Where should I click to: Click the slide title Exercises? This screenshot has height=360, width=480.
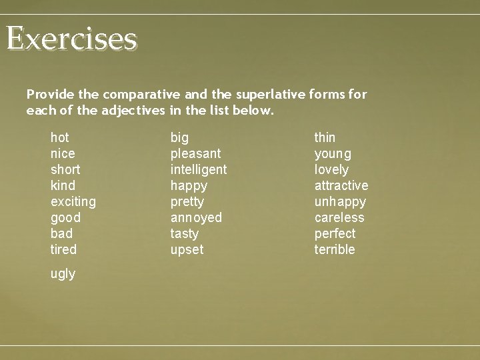pos(72,39)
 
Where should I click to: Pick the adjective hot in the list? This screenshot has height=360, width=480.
pos(60,138)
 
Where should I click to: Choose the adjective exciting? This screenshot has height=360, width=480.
pos(73,201)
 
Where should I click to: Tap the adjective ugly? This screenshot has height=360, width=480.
pos(63,274)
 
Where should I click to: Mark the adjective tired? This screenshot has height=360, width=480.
pos(64,249)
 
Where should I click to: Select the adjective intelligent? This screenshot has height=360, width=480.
pos(199,169)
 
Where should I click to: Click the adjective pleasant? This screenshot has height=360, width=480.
pos(195,154)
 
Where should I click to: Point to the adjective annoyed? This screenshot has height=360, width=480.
pos(196,218)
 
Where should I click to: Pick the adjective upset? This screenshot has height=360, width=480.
pos(187,250)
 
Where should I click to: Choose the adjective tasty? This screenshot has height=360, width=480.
pos(185,234)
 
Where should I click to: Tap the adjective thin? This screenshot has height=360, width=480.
pos(325,138)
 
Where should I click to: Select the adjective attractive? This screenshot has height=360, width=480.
pos(341,185)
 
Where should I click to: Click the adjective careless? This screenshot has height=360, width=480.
pos(339,217)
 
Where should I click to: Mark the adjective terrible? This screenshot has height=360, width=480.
pos(335,249)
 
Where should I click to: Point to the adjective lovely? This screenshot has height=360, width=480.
pos(331,170)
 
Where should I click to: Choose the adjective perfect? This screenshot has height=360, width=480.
pos(335,234)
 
